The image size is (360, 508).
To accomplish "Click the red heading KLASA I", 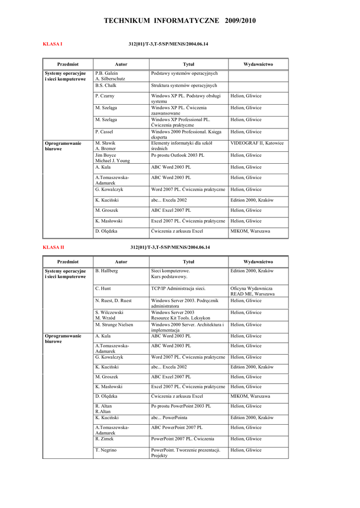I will [x=53, y=44].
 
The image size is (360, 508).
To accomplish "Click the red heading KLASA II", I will [x=54, y=247].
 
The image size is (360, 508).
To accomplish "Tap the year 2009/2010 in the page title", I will [x=241, y=21].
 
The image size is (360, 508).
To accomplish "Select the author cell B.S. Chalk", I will [x=105, y=85].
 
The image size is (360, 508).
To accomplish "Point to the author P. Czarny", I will [x=105, y=96].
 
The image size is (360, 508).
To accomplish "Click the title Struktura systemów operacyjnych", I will [x=184, y=85].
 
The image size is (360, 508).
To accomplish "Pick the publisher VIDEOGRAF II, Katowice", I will [x=257, y=143].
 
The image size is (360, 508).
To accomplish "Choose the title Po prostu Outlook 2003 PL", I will [x=178, y=155].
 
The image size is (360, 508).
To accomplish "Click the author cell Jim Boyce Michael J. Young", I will [x=112, y=158].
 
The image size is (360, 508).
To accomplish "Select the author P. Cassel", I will [x=104, y=132].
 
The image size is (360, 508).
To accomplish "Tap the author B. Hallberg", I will [x=106, y=271].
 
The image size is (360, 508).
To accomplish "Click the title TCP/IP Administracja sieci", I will [x=178, y=288].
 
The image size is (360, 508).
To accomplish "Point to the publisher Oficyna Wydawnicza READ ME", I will [x=253, y=291].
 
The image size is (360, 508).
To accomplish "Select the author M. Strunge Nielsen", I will [x=114, y=325].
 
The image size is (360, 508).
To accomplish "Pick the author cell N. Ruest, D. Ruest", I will [x=114, y=301].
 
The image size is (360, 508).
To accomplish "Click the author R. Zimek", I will [x=105, y=439].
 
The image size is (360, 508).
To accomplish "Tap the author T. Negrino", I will [x=106, y=450].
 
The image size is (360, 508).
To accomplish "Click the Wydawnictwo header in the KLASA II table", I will [x=258, y=261].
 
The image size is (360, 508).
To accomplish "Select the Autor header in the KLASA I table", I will [x=121, y=64].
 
